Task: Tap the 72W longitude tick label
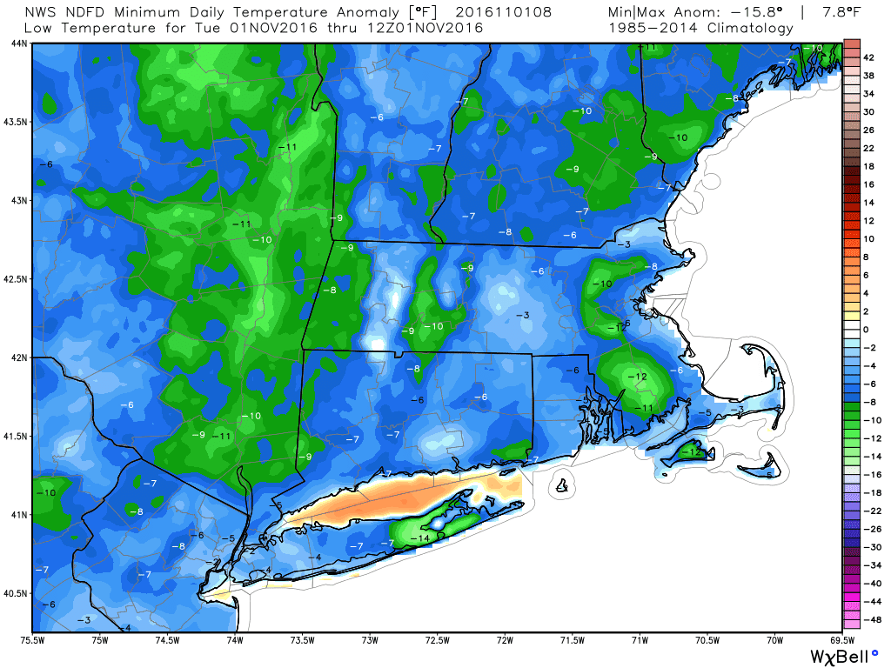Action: click(505, 641)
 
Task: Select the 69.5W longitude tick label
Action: click(840, 641)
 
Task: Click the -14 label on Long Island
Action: click(421, 539)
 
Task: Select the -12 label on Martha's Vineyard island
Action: click(693, 452)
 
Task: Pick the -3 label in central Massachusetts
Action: click(523, 315)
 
